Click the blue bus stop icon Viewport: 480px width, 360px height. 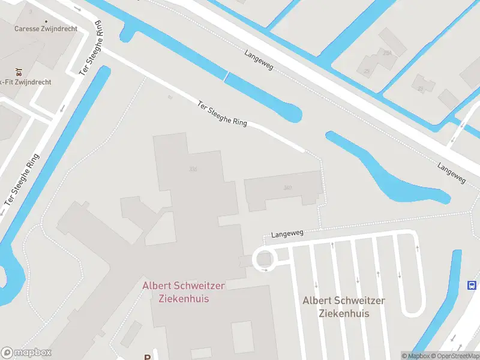472,285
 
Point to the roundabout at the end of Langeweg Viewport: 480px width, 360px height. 264,260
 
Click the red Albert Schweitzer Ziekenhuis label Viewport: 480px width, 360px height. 176,292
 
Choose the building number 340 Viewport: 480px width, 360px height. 288,188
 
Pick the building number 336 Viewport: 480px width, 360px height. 193,169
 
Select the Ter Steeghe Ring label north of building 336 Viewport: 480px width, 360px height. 223,114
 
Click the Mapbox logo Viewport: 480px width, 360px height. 26,353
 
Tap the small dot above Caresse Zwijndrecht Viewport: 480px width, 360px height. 30,10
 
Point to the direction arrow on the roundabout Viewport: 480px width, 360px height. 265,270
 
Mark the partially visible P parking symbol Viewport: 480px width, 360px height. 147,356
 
